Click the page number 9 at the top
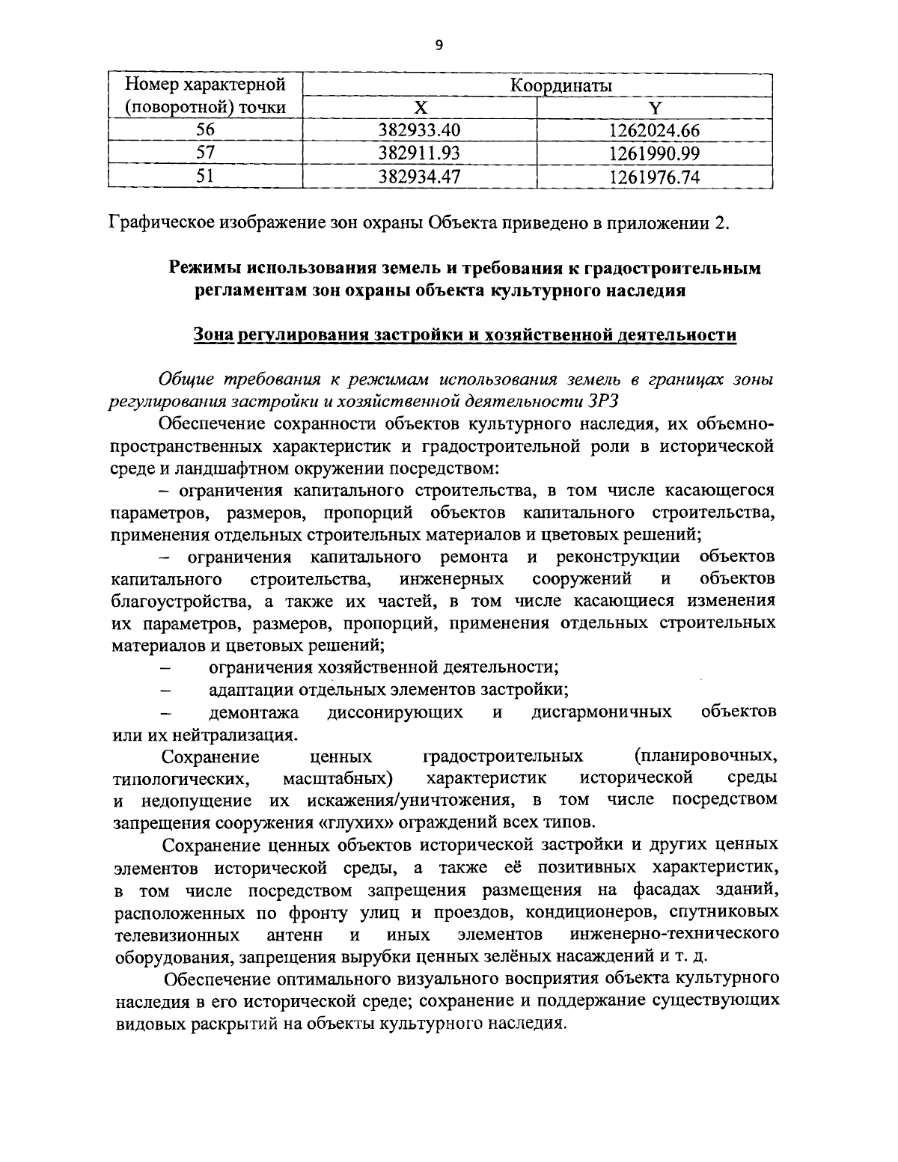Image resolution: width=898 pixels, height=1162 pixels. pyautogui.click(x=439, y=46)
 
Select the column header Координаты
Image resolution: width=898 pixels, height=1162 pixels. pyautogui.click(x=561, y=86)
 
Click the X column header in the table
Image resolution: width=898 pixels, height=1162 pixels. pyautogui.click(x=421, y=108)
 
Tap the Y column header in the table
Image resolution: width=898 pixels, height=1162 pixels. pyautogui.click(x=654, y=108)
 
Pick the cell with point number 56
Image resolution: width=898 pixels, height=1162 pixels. pyautogui.click(x=205, y=130)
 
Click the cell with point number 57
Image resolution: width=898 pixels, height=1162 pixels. pyautogui.click(x=205, y=153)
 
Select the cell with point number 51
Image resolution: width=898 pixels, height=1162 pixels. pyautogui.click(x=205, y=177)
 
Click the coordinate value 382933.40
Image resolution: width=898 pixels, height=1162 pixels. pyautogui.click(x=421, y=130)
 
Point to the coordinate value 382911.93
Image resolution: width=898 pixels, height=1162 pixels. pyautogui.click(x=421, y=153)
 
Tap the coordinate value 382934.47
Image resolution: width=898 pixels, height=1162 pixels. pyautogui.click(x=421, y=177)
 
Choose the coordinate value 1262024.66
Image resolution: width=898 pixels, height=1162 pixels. pyautogui.click(x=654, y=130)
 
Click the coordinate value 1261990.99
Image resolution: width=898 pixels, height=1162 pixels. pyautogui.click(x=654, y=153)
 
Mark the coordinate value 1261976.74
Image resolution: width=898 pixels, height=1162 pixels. pyautogui.click(x=654, y=177)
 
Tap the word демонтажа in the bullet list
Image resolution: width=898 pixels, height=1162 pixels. pyautogui.click(x=254, y=711)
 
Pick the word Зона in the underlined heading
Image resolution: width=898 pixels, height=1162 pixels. pyautogui.click(x=212, y=334)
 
